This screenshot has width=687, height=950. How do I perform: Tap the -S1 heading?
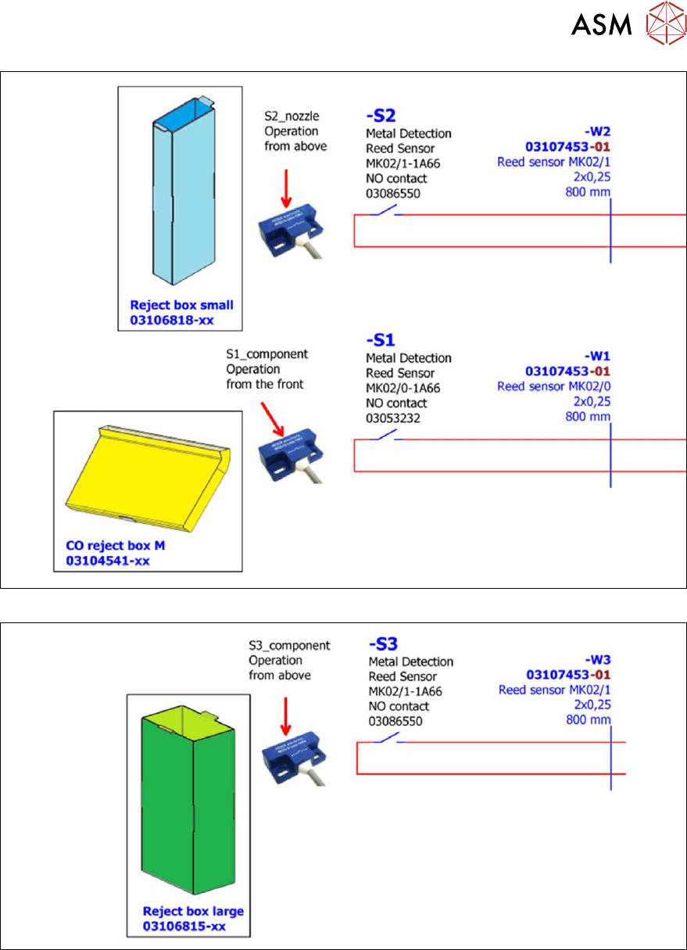(x=381, y=340)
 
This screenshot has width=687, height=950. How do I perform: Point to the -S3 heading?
(x=383, y=644)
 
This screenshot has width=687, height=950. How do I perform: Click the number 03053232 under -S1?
(x=393, y=418)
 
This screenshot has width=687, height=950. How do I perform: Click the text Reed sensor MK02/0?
(x=553, y=386)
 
